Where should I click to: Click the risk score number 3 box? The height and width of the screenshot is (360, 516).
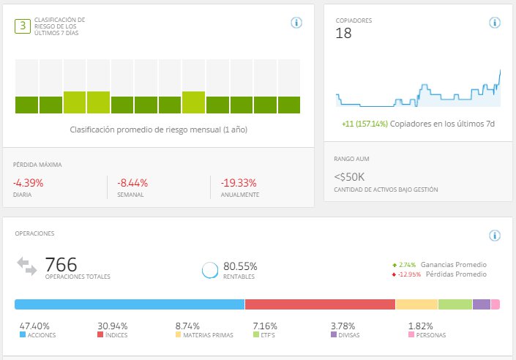click(x=23, y=26)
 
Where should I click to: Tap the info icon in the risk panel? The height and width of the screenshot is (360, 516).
click(x=296, y=23)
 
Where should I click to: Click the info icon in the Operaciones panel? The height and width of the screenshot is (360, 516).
click(x=495, y=236)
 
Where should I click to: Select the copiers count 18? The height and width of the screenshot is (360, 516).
click(x=344, y=34)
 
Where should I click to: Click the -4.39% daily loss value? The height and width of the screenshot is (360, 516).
click(x=29, y=183)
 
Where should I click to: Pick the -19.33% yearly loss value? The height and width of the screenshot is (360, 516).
click(x=239, y=183)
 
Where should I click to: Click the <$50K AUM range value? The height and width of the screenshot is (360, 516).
click(x=350, y=176)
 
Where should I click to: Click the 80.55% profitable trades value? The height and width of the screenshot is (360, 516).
click(x=240, y=266)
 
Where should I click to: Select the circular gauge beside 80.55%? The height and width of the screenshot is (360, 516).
click(x=211, y=270)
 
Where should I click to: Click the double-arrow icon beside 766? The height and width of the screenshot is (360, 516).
click(x=27, y=266)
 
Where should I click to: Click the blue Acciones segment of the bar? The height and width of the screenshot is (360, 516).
click(x=129, y=304)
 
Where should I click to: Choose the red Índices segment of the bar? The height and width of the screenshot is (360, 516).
click(x=320, y=304)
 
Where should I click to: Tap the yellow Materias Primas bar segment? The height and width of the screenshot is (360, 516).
click(x=416, y=304)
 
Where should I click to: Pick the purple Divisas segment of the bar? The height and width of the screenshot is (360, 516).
click(x=482, y=304)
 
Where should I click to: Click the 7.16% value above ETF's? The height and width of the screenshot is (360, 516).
click(x=266, y=326)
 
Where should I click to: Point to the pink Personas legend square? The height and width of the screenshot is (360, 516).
click(x=411, y=335)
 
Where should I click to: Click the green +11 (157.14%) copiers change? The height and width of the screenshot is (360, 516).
click(x=364, y=124)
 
